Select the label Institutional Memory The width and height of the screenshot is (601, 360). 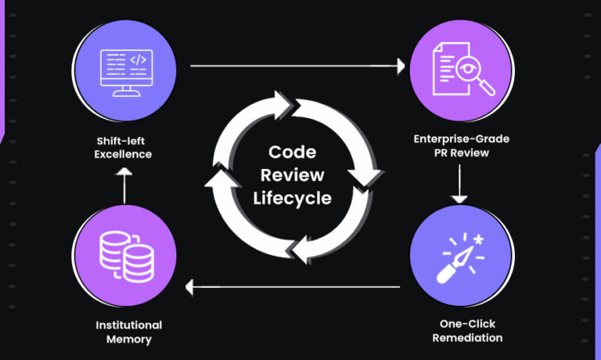(x=128, y=332)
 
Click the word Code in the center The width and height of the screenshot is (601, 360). (x=292, y=152)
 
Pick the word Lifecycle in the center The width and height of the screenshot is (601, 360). (x=292, y=197)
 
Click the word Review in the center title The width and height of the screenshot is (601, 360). (x=292, y=175)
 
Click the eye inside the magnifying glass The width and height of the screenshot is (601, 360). (x=467, y=69)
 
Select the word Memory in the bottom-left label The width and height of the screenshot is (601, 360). (x=128, y=339)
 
